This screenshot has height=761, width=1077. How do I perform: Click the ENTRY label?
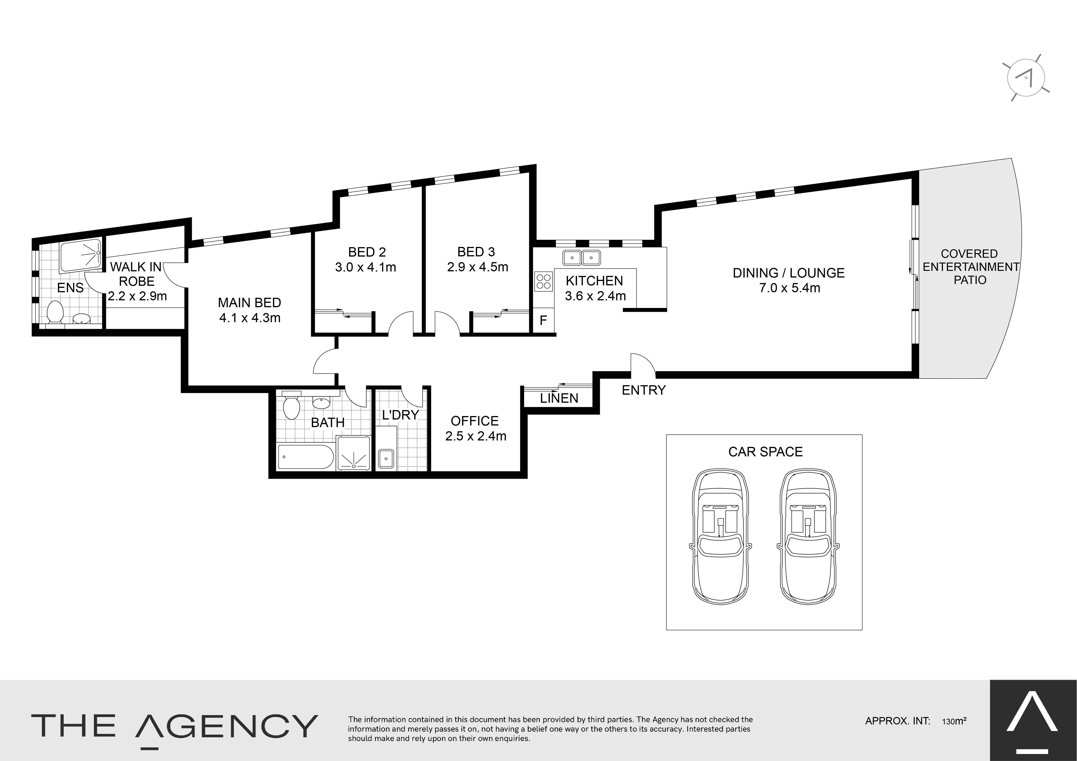coord(644,390)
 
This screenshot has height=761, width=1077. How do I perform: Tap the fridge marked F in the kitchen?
coord(544,321)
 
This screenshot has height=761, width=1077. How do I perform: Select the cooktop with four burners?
coord(544,281)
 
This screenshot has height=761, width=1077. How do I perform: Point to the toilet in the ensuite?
coord(55,312)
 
